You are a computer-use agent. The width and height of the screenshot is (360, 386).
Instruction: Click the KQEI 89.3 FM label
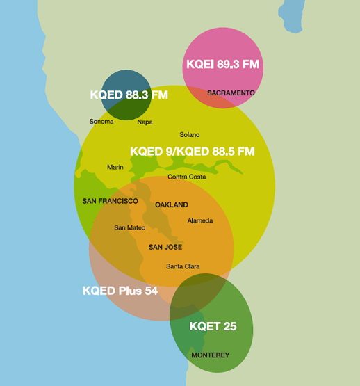click(222, 65)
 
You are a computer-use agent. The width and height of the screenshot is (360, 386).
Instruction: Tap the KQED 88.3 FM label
click(129, 95)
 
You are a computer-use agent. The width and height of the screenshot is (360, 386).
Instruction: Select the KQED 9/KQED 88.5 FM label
click(192, 151)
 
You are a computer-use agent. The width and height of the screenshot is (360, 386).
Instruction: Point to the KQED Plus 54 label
click(120, 291)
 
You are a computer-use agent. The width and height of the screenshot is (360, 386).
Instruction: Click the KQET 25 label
click(213, 326)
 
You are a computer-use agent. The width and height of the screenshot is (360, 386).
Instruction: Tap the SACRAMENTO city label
click(231, 93)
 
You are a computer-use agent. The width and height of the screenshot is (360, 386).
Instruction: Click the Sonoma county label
click(101, 122)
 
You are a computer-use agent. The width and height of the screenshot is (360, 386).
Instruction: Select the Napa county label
click(145, 122)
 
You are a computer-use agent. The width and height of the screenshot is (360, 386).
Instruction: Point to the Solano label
click(189, 134)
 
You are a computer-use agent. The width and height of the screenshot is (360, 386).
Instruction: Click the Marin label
click(115, 167)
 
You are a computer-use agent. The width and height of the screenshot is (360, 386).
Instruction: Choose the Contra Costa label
click(186, 177)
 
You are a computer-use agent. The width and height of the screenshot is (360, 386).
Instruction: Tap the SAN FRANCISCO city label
click(110, 201)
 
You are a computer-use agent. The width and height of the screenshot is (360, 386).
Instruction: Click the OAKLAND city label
click(171, 205)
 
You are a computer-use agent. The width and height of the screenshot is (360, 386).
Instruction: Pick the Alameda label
click(199, 220)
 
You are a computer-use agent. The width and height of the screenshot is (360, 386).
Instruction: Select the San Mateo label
click(129, 227)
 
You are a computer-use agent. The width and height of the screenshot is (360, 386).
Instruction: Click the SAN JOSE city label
click(165, 247)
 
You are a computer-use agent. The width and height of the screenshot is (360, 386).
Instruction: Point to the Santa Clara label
click(183, 266)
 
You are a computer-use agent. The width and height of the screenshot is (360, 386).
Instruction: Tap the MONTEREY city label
click(210, 355)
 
